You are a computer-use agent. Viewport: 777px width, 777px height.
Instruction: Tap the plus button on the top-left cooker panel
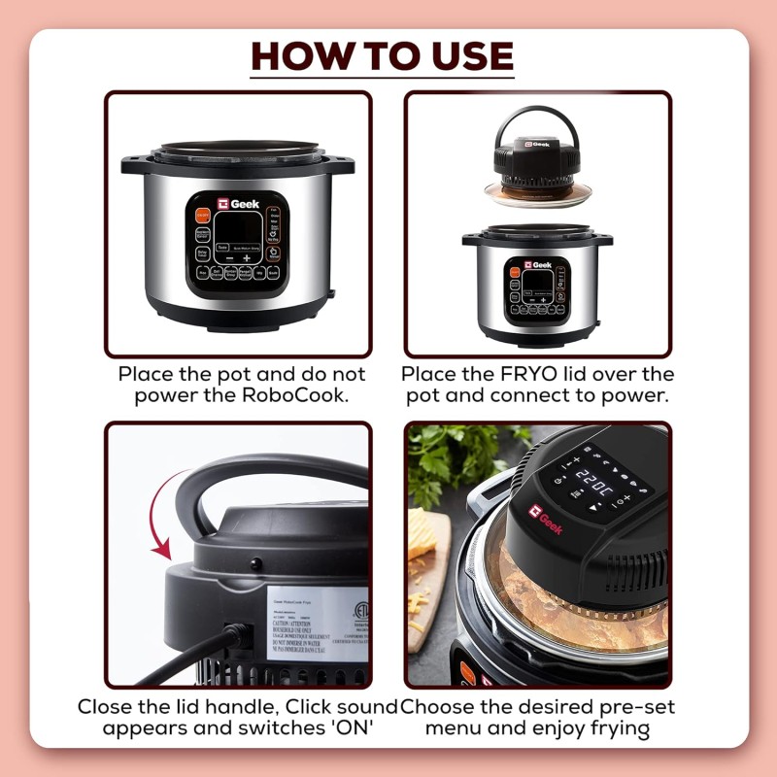(246, 259)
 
